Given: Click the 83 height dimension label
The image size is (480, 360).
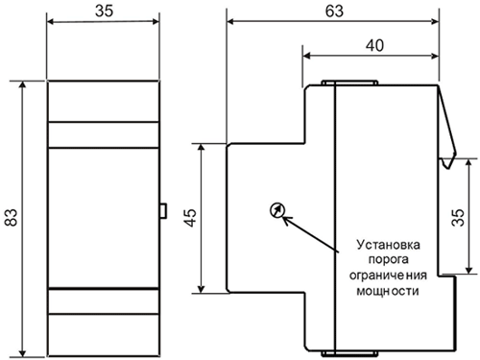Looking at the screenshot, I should [x=12, y=218].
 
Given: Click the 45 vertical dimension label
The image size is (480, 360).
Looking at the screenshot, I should [x=190, y=219].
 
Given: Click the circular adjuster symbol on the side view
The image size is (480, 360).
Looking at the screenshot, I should [x=276, y=210].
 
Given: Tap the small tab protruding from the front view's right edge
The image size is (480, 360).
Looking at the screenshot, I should [x=163, y=210].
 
